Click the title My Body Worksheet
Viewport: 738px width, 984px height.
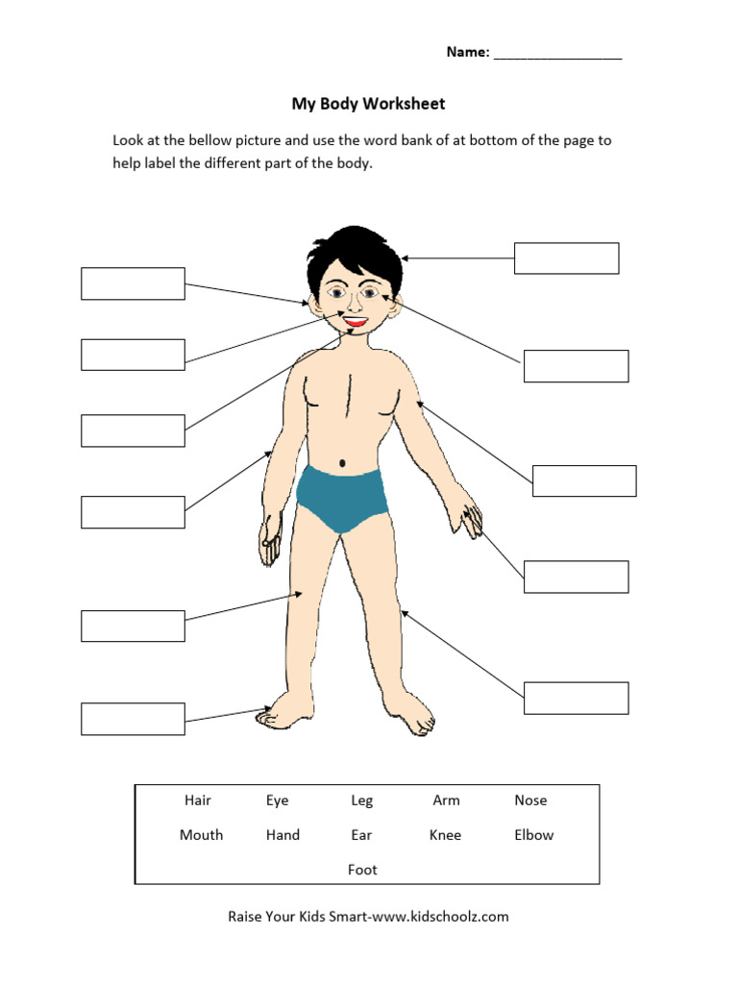tap(368, 104)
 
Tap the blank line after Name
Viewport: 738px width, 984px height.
tap(557, 54)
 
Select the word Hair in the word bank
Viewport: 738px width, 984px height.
tap(198, 800)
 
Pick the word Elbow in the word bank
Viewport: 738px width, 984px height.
tap(533, 835)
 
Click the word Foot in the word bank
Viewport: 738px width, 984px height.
tap(362, 870)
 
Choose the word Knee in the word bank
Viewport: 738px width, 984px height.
tap(445, 835)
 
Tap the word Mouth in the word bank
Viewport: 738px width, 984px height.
tap(201, 835)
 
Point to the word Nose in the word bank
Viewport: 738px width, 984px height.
tap(530, 800)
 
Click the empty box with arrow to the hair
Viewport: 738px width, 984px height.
tap(566, 258)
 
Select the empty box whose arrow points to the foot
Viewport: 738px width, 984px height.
tap(133, 719)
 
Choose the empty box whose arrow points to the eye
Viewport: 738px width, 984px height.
tap(576, 366)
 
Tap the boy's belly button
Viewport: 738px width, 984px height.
tap(342, 464)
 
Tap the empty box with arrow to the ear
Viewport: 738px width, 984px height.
tap(133, 283)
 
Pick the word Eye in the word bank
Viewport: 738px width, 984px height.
tap(278, 800)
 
